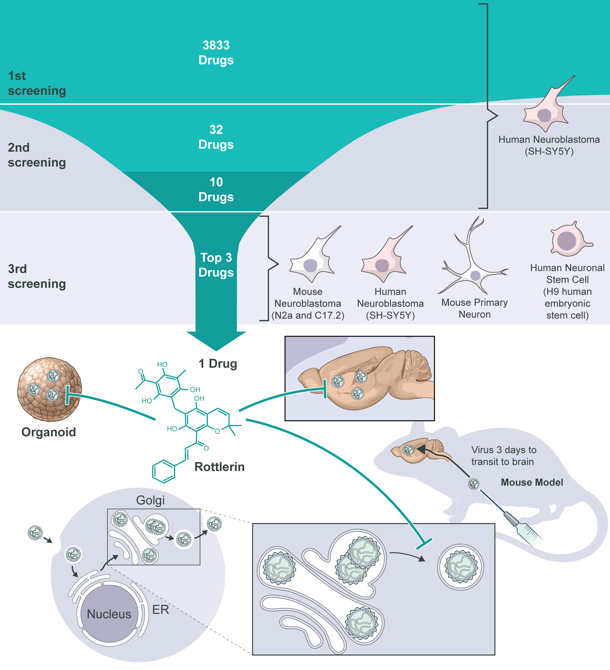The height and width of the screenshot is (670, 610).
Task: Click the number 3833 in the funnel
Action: click(x=216, y=45)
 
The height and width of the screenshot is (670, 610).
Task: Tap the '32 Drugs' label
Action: click(x=216, y=137)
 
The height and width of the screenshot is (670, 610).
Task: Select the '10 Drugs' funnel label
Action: click(x=216, y=189)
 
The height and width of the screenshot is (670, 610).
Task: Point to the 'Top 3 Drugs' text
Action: click(x=216, y=265)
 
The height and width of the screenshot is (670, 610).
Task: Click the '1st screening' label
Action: click(x=36, y=83)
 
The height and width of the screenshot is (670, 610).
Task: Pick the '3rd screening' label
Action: click(x=36, y=276)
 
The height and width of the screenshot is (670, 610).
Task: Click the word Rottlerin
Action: click(x=219, y=467)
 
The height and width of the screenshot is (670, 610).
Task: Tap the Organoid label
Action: click(x=48, y=432)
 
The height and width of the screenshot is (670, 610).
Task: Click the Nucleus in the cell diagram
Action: click(x=109, y=614)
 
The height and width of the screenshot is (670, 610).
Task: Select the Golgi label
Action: click(x=150, y=500)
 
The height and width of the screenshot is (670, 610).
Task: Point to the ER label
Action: click(x=161, y=609)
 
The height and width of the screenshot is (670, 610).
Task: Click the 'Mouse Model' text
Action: click(x=532, y=482)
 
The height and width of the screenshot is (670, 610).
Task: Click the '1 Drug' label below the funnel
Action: click(x=217, y=364)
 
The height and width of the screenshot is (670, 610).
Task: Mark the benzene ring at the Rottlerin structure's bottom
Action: click(x=163, y=471)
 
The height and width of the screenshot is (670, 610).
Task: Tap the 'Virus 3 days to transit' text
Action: click(x=503, y=456)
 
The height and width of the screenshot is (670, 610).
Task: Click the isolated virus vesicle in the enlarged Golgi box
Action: click(x=460, y=567)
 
